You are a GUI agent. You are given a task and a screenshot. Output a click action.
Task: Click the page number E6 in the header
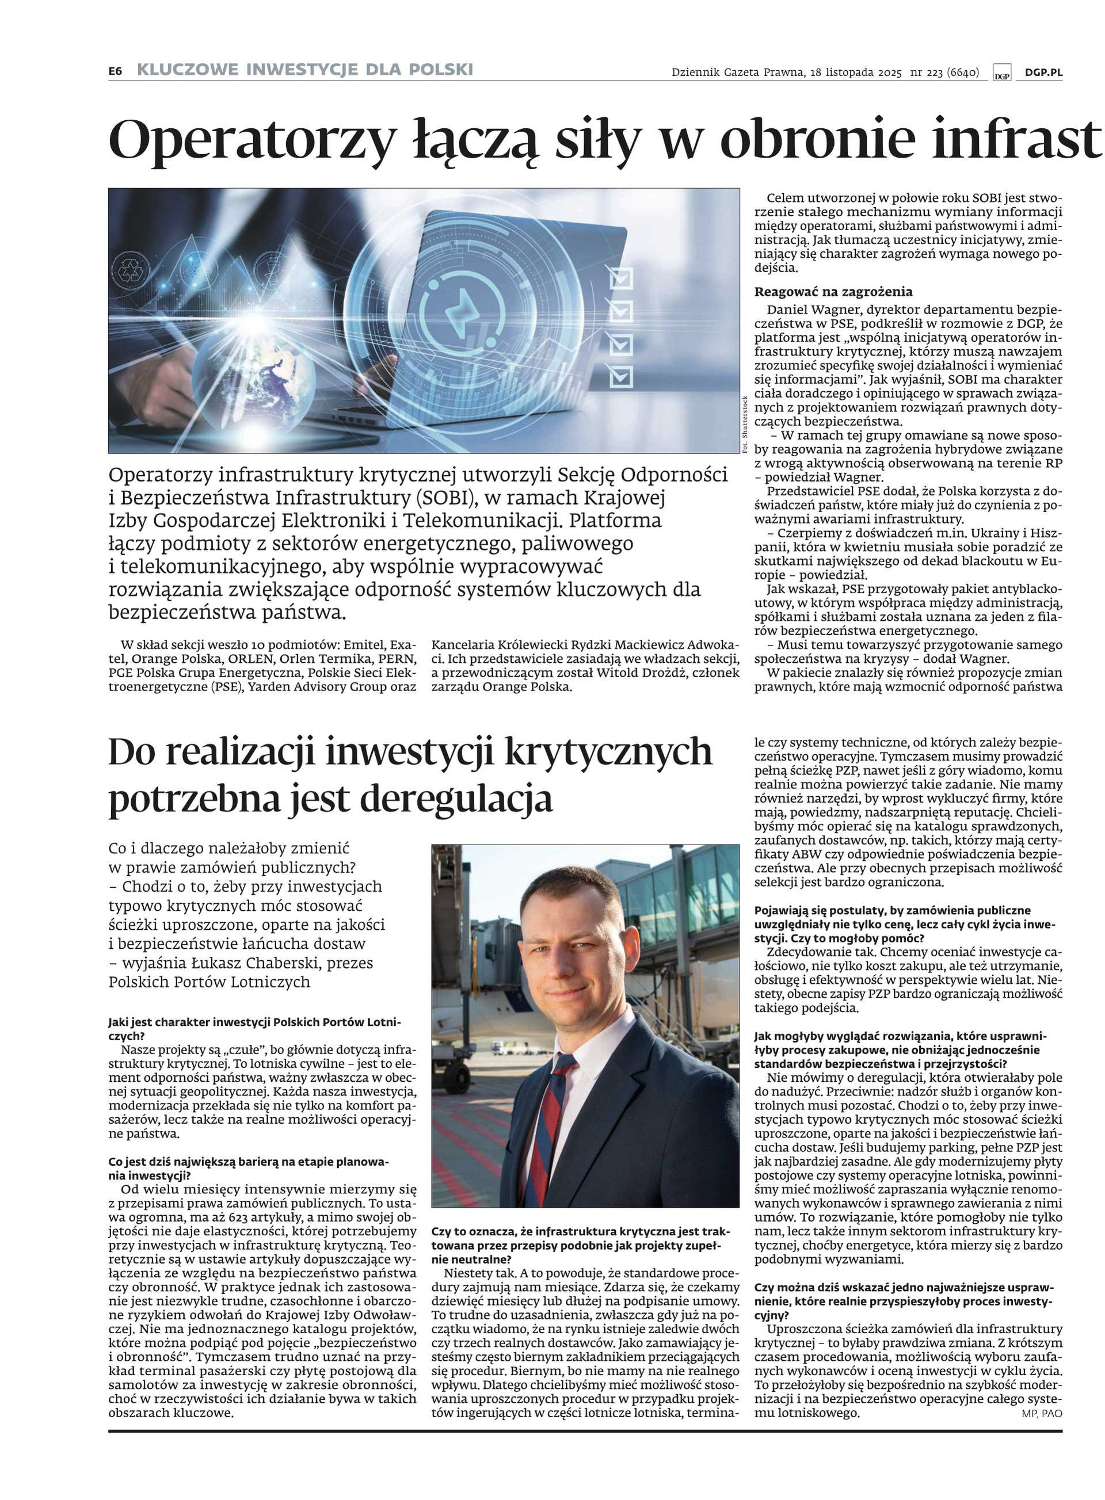click(115, 70)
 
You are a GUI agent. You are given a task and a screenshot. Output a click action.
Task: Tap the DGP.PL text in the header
click(1043, 72)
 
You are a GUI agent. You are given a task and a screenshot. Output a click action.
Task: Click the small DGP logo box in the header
click(1001, 73)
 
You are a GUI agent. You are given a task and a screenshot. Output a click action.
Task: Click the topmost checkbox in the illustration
click(622, 277)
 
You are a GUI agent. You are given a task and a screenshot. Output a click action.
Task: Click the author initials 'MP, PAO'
click(1042, 1414)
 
